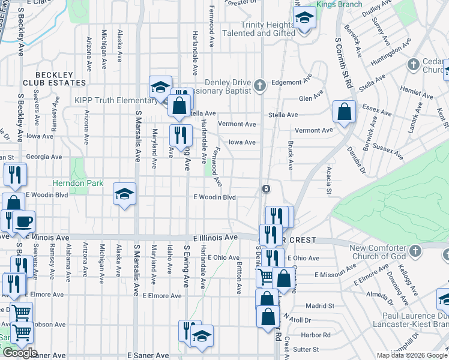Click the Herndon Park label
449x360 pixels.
pyautogui.click(x=77, y=183)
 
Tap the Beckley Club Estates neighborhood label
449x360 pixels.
pyautogui.click(x=55, y=78)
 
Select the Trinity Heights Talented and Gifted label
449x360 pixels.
pyautogui.click(x=268, y=29)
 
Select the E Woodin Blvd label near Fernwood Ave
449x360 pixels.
pyautogui.click(x=214, y=197)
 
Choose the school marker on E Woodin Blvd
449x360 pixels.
pyautogui.click(x=125, y=194)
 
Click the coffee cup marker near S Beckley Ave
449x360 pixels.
pyautogui.click(x=24, y=222)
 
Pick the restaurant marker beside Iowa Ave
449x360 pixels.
pyautogui.click(x=181, y=136)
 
